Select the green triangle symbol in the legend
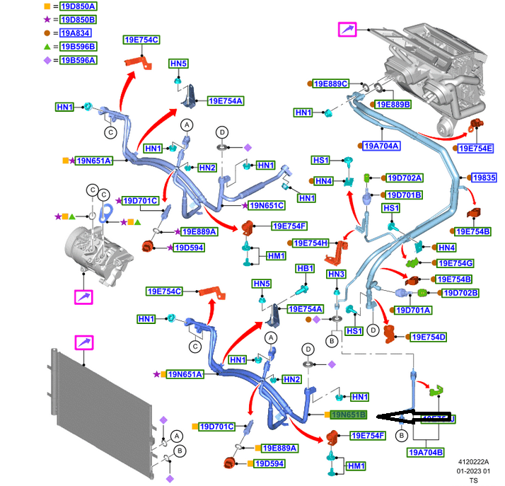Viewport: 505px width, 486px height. click(x=47, y=47)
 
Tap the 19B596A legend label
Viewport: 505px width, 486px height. click(x=77, y=60)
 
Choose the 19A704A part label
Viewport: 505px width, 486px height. click(x=382, y=146)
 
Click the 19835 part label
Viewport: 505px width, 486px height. click(x=484, y=178)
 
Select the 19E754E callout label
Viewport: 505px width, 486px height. click(x=475, y=148)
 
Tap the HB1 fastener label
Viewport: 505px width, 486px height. click(x=305, y=269)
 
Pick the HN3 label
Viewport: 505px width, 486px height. click(x=336, y=274)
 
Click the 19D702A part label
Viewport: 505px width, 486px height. click(x=404, y=178)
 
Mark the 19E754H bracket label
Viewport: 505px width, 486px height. click(x=310, y=243)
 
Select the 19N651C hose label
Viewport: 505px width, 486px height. click(x=266, y=206)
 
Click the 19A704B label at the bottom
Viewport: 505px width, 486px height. click(x=426, y=452)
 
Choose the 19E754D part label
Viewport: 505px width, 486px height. click(x=429, y=337)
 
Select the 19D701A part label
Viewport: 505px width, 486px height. click(x=413, y=309)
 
